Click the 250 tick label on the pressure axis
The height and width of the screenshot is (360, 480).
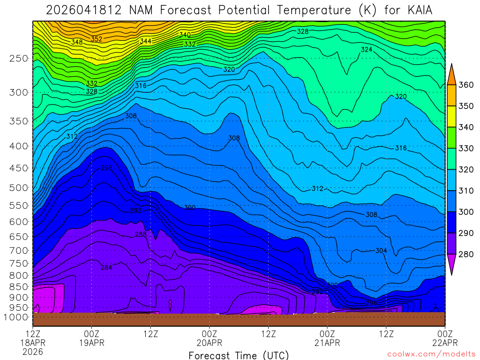pyautogui.click(x=19, y=58)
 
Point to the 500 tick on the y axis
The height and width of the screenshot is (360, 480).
pyautogui.click(x=19, y=188)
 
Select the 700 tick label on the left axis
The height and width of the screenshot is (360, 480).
pyautogui.click(x=19, y=250)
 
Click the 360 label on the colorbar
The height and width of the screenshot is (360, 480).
pyautogui.click(x=465, y=85)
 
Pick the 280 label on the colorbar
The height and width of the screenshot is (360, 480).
pyautogui.click(x=465, y=255)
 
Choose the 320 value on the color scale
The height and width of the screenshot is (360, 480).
pyautogui.click(x=465, y=170)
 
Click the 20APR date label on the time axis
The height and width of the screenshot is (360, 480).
pyautogui.click(x=209, y=343)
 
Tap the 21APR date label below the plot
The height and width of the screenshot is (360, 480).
pyautogui.click(x=327, y=343)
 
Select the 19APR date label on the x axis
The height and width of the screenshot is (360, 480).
pyautogui.click(x=91, y=343)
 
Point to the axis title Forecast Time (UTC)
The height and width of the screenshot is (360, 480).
pyautogui.click(x=239, y=355)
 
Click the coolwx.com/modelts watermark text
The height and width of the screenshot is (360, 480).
pyautogui.click(x=431, y=354)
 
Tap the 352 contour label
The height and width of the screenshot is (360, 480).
pyautogui.click(x=97, y=39)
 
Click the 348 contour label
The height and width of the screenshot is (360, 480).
pyautogui.click(x=77, y=42)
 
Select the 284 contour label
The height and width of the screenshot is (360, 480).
pyautogui.click(x=106, y=268)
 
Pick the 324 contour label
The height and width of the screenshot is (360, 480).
pyautogui.click(x=366, y=50)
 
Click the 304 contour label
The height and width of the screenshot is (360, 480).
pyautogui.click(x=381, y=251)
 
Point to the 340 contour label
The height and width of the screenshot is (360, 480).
pyautogui.click(x=185, y=35)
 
